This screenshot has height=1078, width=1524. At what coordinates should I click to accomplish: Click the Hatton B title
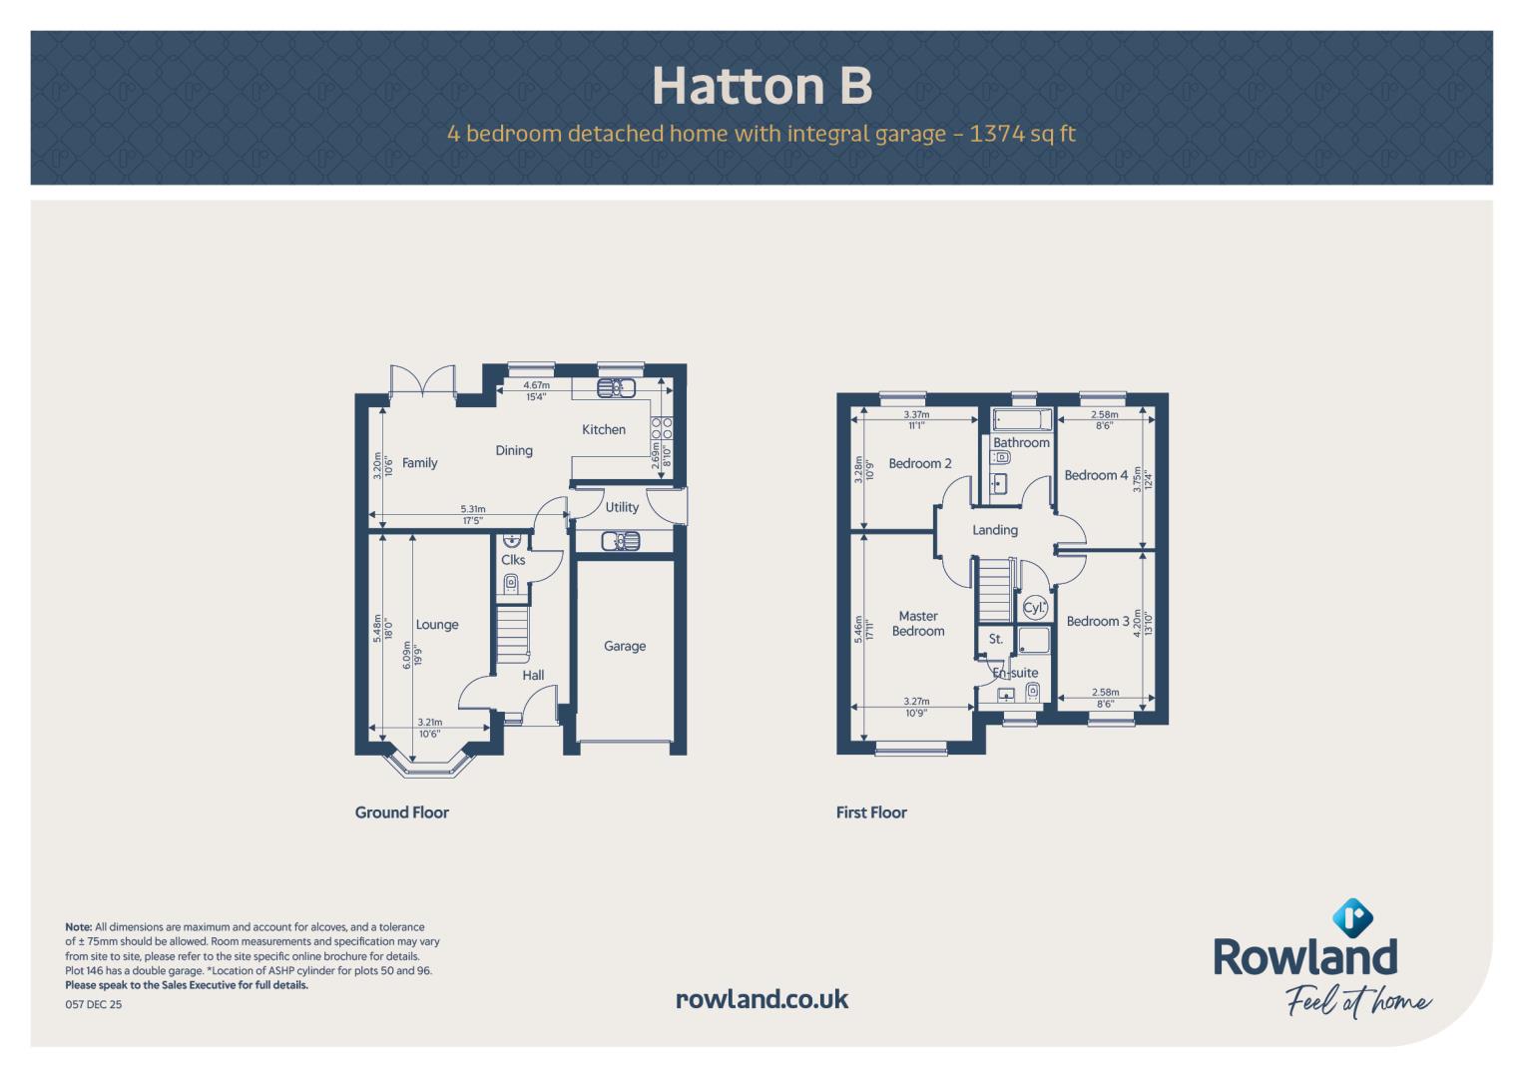pos(762,86)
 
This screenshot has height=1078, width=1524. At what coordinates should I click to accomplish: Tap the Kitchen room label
pos(604,429)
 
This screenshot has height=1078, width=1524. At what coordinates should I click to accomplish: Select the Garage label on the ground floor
pos(625,646)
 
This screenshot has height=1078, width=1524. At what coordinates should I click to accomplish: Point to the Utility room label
pos(622,507)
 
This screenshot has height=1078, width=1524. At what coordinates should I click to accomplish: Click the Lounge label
pos(437,625)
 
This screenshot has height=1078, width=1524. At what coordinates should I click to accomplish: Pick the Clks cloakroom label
pos(513,559)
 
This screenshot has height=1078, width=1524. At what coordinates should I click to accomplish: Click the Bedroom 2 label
pos(920,463)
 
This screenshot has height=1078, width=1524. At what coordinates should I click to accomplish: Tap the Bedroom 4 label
pos(1096,475)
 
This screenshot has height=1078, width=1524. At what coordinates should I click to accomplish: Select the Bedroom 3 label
pos(1098,621)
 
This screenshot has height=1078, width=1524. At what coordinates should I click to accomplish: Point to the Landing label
pos(995,530)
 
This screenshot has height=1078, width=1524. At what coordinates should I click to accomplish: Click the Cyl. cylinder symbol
pos(1035,608)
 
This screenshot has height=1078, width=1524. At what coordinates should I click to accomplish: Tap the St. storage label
pos(995,639)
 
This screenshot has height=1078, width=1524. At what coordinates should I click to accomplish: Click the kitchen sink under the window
pos(616,388)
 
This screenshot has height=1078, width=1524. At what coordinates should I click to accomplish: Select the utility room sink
pos(621,542)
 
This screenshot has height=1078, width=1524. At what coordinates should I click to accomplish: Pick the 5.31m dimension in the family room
pos(473,509)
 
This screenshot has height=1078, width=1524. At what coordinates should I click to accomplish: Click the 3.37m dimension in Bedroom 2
pos(916,414)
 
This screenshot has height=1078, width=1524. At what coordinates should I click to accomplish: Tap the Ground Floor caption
pos(401,812)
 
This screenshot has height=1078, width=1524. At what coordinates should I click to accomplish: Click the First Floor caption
pos(871,812)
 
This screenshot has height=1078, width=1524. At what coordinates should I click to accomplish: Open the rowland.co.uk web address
pos(762,999)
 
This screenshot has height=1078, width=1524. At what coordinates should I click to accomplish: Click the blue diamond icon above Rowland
pos(1352,917)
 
